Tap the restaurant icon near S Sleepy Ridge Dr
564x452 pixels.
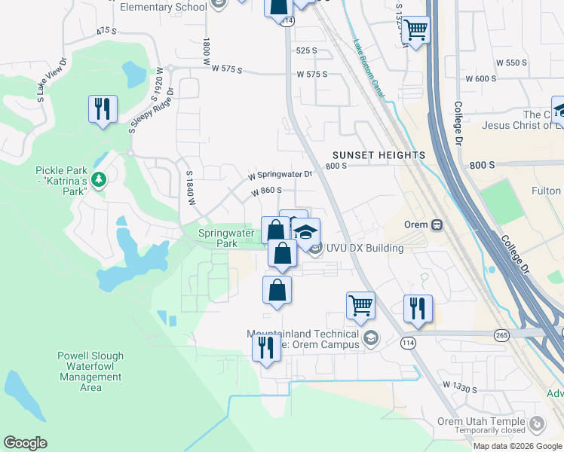coord(102,109)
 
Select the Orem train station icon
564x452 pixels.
coord(436,224)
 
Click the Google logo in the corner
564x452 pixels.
coord(26,443)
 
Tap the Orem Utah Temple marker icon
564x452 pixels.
coord(535,424)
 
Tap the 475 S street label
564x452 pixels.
coord(106,31)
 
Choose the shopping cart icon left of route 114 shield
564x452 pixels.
coord(361,305)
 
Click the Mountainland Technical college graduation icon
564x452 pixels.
coord(369,338)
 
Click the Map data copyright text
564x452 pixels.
coord(517,445)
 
